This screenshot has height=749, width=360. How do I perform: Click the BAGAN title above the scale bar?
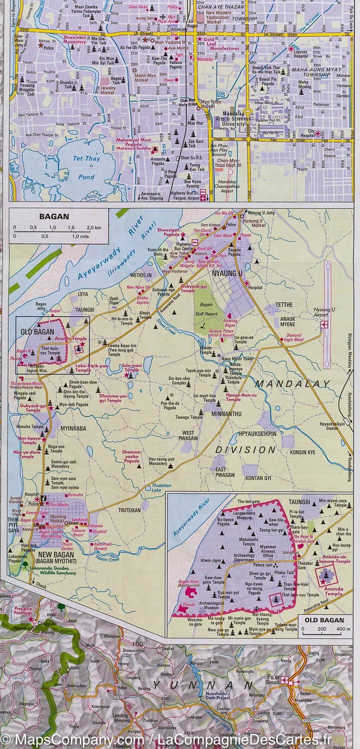pyautogui.click(x=54, y=217)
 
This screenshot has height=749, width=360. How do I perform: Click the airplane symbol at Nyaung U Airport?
pyautogui.click(x=325, y=325)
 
